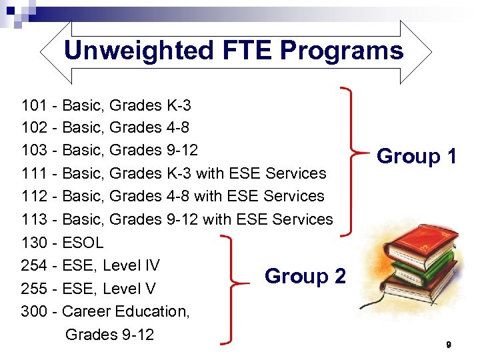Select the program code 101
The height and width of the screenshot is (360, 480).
coord(34,105)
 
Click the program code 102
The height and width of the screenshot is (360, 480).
coord(34,128)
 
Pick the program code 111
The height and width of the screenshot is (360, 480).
coord(34,173)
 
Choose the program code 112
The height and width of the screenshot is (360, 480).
coord(34,196)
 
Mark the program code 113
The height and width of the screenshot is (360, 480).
coord(34,219)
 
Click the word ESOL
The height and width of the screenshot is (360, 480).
coord(83,242)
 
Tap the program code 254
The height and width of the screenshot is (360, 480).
coord(34,265)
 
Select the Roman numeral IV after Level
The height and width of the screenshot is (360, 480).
coord(152,265)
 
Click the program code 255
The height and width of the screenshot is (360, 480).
coord(34,289)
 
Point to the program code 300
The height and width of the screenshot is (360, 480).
coord(34,311)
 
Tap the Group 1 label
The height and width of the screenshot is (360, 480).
coord(417,157)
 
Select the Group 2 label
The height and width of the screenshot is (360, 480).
coord(305,276)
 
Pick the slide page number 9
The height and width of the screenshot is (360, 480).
coord(449,345)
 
